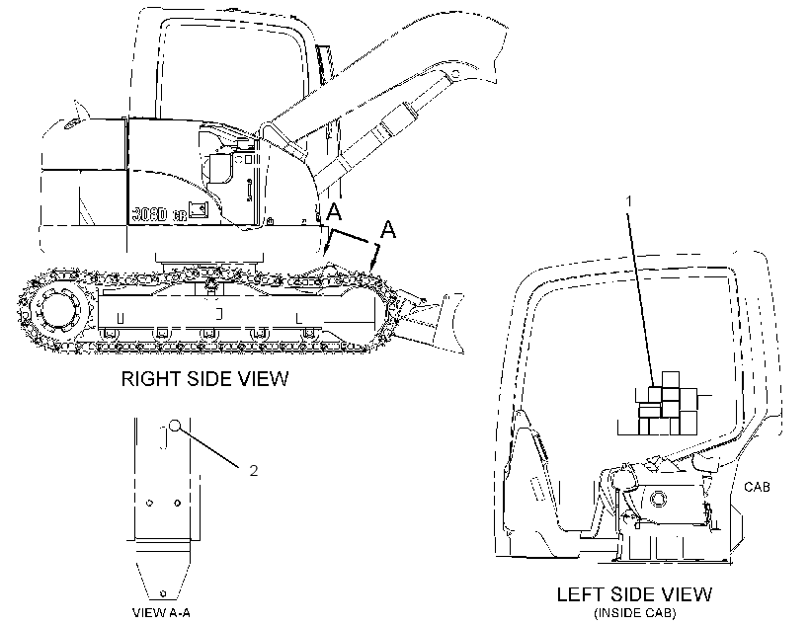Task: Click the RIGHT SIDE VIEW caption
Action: pos(204,378)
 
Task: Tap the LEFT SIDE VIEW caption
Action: pos(634,594)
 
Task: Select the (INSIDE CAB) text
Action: pos(634,613)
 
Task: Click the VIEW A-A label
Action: pos(162,613)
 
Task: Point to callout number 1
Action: pos(628,200)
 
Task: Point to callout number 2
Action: pos(253,471)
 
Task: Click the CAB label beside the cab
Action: pos(757,487)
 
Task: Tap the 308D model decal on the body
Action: pos(149,214)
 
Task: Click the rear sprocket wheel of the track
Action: pos(58,310)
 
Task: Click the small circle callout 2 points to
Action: pos(175,426)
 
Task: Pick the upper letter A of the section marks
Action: pos(334,211)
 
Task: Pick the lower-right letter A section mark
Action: pos(388,229)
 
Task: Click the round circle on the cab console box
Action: pos(658,499)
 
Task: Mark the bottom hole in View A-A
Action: pos(163,592)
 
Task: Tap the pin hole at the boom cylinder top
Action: pos(455,75)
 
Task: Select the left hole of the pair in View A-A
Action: pos(150,504)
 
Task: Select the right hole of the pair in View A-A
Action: pos(177,504)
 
